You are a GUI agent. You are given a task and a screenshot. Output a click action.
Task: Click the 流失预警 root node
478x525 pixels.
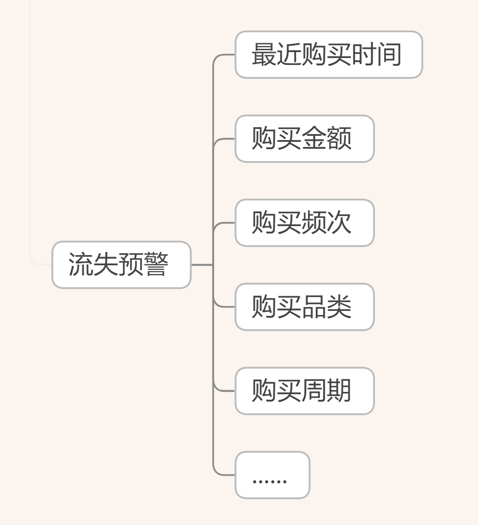coord(121,265)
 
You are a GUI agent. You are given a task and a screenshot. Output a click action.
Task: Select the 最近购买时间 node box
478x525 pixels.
coord(328,55)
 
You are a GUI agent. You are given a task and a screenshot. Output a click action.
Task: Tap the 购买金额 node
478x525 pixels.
coord(304,139)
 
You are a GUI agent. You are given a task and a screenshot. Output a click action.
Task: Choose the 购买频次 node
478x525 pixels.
coord(304,223)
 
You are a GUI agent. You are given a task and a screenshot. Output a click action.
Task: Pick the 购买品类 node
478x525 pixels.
coord(304,307)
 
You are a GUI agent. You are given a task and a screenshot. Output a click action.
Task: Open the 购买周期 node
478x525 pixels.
coord(304,391)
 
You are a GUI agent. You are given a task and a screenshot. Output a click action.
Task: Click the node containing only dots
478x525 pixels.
coord(272,475)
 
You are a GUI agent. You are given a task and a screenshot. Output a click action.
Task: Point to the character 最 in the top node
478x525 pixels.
coord(264,55)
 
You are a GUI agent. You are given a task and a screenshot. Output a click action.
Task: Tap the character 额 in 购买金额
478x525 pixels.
coord(339,139)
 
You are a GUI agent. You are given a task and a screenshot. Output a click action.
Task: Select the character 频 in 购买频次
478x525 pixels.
coord(314,223)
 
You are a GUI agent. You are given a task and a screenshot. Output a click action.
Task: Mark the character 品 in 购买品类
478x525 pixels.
coord(314,307)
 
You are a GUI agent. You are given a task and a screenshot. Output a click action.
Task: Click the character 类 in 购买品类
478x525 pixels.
coord(339,307)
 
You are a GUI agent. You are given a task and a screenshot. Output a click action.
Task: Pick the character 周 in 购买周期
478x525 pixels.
coord(314,391)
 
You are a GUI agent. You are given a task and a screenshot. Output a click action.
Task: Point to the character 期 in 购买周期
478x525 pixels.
coord(339,391)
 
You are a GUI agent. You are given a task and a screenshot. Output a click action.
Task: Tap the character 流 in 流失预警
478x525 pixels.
coord(81,265)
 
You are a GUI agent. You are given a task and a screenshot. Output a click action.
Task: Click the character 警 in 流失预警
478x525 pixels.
coord(156,265)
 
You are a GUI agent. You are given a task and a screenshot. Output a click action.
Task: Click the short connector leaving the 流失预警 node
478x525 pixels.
coord(202,265)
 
